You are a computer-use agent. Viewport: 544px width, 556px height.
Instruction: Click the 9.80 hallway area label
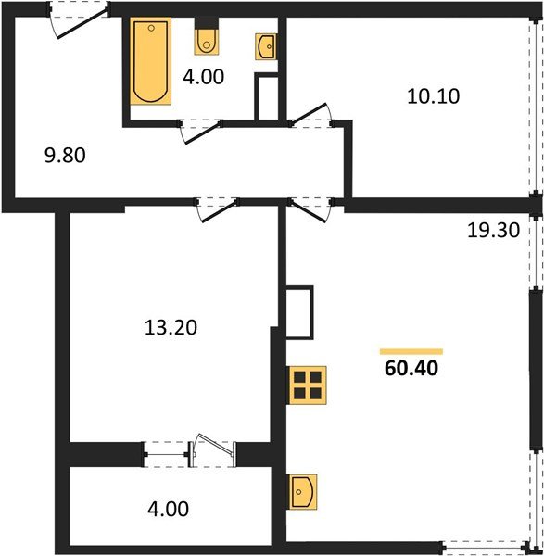(x=65, y=156)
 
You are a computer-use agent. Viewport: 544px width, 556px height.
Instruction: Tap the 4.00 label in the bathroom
(x=204, y=77)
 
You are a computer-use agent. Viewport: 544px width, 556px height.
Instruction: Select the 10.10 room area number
(x=434, y=96)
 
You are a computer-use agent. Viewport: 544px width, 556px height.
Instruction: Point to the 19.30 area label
(x=493, y=230)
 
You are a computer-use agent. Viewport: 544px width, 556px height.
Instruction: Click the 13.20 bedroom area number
(x=171, y=327)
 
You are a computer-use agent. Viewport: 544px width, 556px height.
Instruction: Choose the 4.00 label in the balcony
(x=168, y=509)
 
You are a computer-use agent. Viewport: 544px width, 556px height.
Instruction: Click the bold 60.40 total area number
(x=411, y=369)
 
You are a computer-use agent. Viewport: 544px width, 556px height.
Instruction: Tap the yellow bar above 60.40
(x=411, y=351)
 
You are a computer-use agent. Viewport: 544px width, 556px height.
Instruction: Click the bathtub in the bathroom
(x=151, y=61)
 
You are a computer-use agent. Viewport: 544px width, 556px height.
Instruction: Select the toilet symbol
(x=207, y=42)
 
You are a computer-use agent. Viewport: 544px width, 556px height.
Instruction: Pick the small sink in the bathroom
(x=266, y=46)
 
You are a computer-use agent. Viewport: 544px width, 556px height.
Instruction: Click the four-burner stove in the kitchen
(x=308, y=385)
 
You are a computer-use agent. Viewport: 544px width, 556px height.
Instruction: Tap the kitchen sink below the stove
(x=303, y=492)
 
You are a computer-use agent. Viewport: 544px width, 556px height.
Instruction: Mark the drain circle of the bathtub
(x=151, y=28)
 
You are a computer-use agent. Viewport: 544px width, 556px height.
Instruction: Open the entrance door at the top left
(x=82, y=23)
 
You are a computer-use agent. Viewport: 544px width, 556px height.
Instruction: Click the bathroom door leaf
(x=203, y=133)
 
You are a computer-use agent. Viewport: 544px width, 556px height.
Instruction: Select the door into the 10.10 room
(x=308, y=113)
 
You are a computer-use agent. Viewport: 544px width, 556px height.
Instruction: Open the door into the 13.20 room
(x=219, y=211)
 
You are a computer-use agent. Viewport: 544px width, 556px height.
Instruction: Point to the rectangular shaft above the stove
(x=300, y=312)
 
